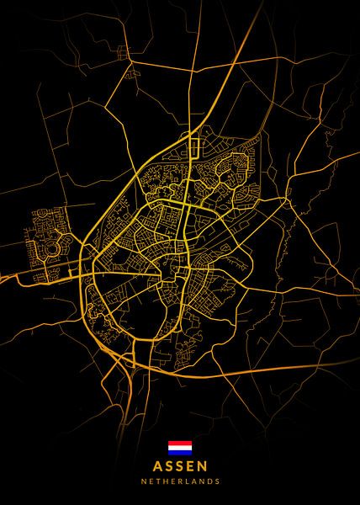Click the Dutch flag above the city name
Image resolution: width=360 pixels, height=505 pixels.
tap(180, 447)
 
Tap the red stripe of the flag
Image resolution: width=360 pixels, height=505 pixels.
tap(180, 443)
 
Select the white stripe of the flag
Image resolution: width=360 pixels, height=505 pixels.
tap(180, 447)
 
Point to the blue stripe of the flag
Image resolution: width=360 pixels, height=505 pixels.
tap(180, 451)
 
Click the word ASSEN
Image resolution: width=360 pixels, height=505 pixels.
tap(180, 465)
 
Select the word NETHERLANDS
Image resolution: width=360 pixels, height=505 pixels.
tap(180, 482)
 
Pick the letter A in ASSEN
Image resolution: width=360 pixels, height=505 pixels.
tap(158, 465)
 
